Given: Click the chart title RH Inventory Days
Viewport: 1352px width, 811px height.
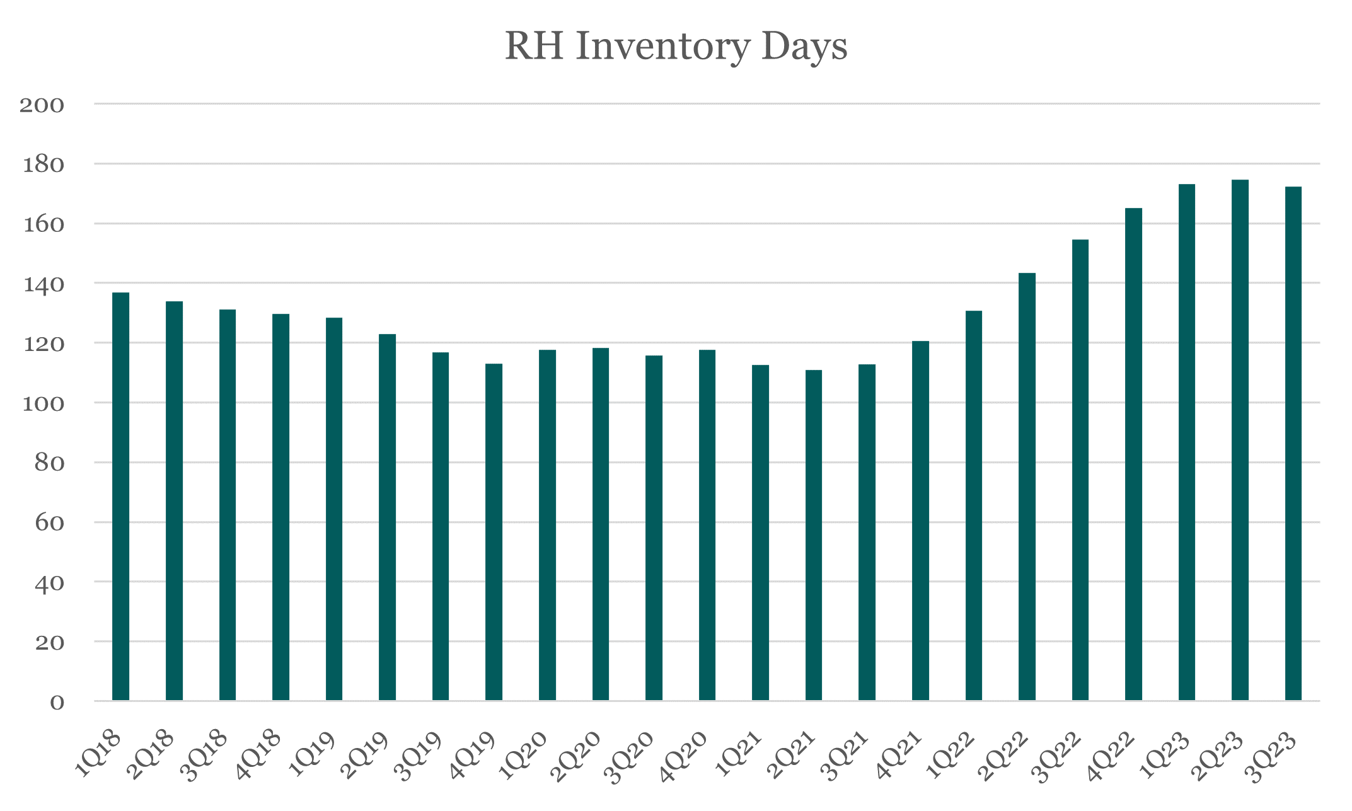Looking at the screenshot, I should (x=676, y=47).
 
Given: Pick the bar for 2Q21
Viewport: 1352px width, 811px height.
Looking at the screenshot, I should (x=814, y=535).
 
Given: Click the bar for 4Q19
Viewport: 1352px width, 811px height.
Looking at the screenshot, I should (x=494, y=532).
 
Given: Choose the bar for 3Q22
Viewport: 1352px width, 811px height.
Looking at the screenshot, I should (x=1080, y=470).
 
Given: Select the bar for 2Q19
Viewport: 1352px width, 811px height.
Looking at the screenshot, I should (x=387, y=517).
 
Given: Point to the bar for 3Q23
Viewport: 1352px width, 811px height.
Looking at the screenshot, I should (x=1293, y=444).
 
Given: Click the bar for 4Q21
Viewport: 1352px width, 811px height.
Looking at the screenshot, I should (x=920, y=521).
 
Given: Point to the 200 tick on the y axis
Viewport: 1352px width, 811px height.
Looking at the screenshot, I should (x=42, y=105).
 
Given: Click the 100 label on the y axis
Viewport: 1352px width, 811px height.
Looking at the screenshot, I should (x=43, y=404).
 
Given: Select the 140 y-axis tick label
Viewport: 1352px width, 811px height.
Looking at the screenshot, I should (x=43, y=285).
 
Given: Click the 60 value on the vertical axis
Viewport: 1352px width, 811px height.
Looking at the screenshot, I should (x=49, y=523).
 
